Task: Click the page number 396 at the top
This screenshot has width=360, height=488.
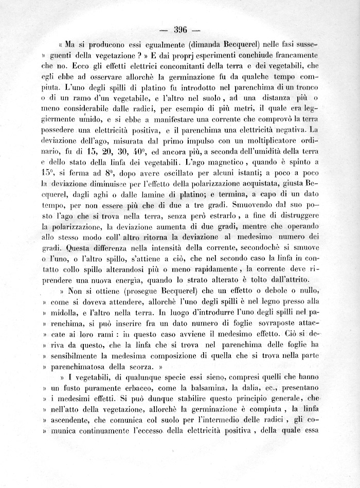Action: pyautogui.click(x=183, y=29)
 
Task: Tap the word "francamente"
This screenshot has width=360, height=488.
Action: pyautogui.click(x=290, y=55)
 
